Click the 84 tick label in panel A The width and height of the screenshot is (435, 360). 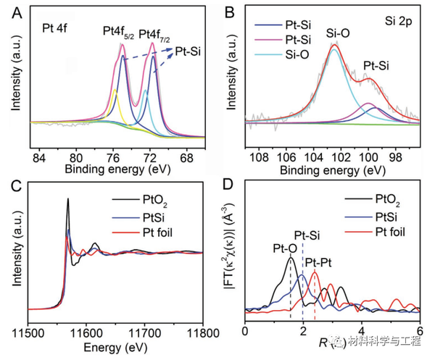point(39,156)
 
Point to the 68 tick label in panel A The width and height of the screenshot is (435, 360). point(187,156)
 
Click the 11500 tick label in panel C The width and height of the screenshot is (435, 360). point(28,332)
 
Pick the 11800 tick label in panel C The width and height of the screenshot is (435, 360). point(202,332)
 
